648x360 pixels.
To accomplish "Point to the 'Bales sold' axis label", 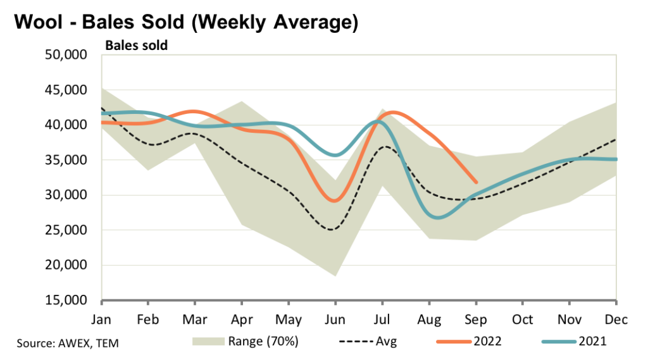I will point(136,46).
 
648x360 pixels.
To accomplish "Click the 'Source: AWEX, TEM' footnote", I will point(68,344).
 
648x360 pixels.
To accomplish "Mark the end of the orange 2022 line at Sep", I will point(476,182).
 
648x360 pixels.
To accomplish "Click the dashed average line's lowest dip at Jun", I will point(332,229).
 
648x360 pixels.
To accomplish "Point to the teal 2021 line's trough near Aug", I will point(439,218).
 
